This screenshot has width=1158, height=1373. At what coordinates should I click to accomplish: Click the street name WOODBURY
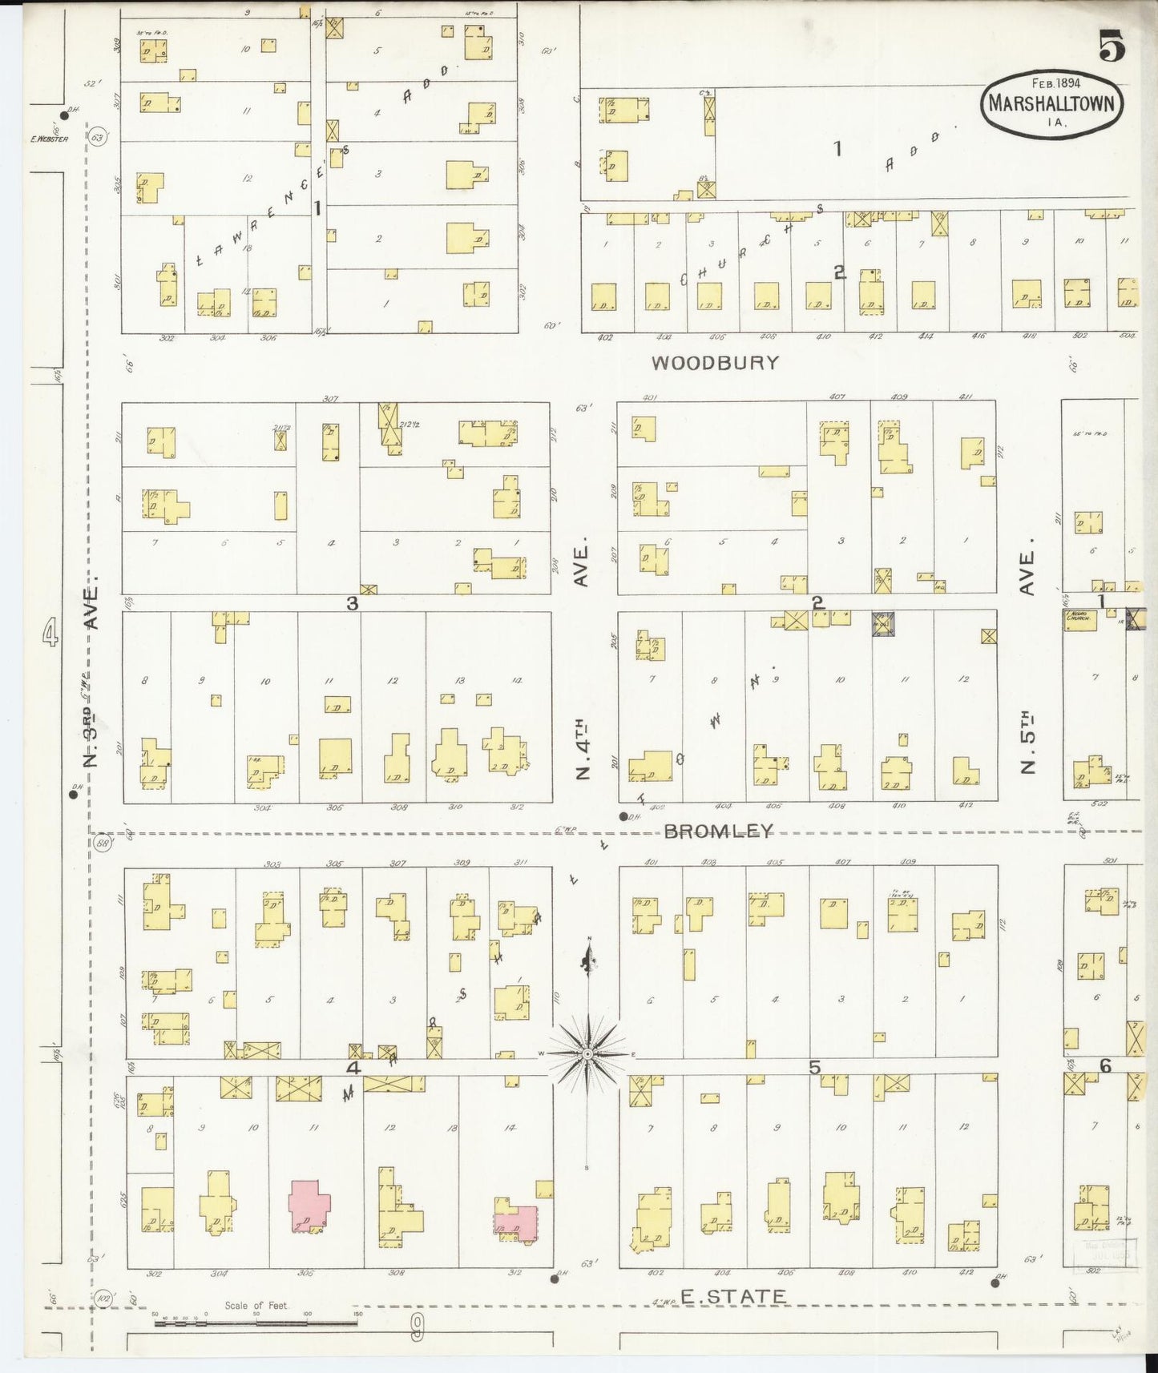(715, 363)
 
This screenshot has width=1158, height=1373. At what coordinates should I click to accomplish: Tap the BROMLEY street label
(719, 831)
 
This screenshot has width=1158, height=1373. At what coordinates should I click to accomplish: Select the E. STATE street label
(732, 1296)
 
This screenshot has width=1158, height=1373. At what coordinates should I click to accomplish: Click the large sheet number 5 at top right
(1112, 46)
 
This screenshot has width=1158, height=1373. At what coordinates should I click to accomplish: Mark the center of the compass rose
(588, 1053)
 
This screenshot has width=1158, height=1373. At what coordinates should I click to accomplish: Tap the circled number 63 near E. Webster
(98, 137)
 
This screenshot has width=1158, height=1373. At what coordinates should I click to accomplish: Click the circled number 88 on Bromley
(103, 844)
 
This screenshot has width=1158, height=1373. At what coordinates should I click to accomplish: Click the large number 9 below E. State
(418, 1331)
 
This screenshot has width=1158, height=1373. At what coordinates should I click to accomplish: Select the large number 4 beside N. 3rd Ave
(50, 632)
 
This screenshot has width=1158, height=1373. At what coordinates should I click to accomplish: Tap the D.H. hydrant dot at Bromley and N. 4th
(623, 816)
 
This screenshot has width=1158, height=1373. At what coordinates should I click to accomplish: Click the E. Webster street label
(49, 139)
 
